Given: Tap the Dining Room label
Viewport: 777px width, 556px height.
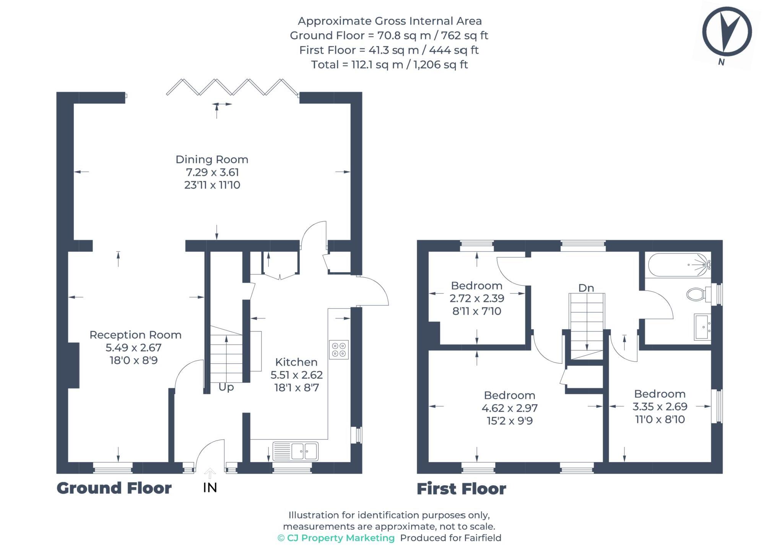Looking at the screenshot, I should (212, 159).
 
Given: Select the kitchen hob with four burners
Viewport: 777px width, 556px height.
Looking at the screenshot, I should (339, 349).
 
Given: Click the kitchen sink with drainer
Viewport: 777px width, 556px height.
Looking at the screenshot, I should (295, 451).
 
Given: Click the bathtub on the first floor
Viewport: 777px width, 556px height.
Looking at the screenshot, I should (679, 265).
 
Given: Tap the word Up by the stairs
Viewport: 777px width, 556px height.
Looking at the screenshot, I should (226, 387).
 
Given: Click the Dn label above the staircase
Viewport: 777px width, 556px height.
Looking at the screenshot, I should (586, 288).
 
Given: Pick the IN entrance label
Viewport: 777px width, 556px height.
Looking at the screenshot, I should (210, 488).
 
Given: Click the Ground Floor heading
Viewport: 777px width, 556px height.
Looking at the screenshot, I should (114, 488).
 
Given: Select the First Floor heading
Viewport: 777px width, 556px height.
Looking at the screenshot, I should (461, 489).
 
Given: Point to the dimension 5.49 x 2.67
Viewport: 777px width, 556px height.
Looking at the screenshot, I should (133, 348).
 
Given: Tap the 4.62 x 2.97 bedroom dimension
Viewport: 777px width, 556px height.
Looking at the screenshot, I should (509, 408).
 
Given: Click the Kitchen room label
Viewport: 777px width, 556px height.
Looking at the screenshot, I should (296, 362).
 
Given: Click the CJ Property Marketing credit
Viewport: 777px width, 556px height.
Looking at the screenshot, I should (336, 538).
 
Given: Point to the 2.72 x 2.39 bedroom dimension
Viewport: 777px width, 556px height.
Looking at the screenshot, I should (477, 298).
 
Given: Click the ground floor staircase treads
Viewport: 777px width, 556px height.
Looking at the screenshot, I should (226, 356).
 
